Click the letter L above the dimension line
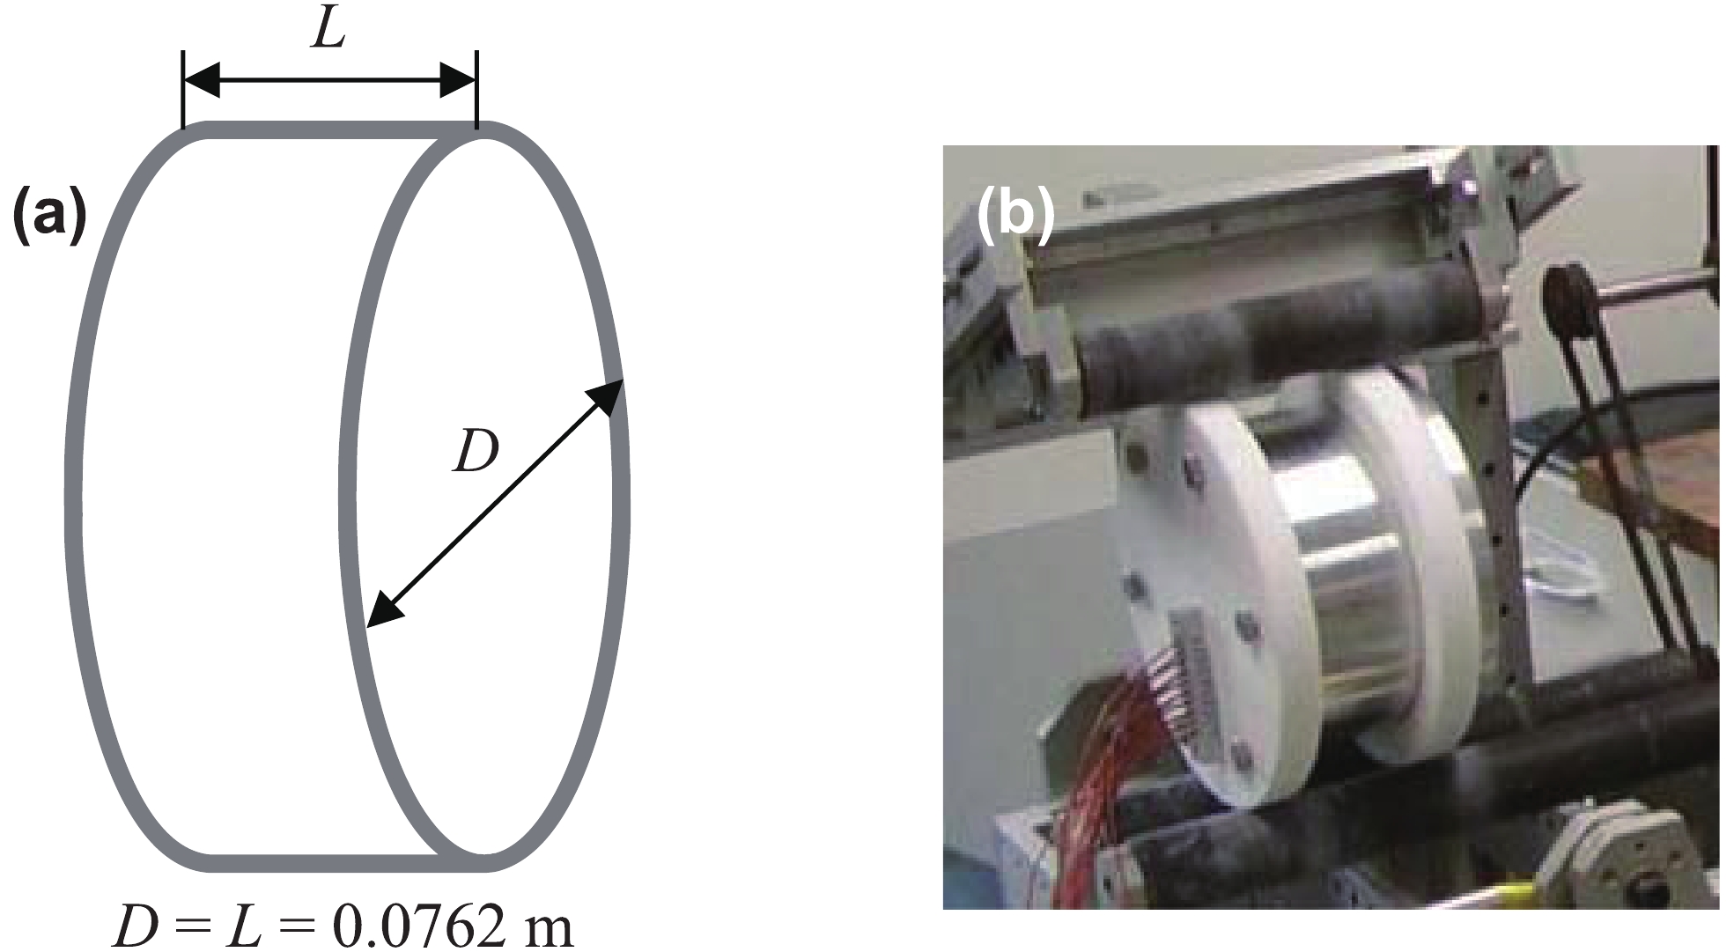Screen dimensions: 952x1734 click(328, 32)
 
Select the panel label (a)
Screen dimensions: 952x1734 click(49, 217)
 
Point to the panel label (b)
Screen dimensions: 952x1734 click(1015, 217)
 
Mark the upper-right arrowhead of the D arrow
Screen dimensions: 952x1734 click(607, 395)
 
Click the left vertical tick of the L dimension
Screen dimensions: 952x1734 click(183, 88)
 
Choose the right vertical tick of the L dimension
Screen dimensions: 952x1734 click(476, 88)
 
